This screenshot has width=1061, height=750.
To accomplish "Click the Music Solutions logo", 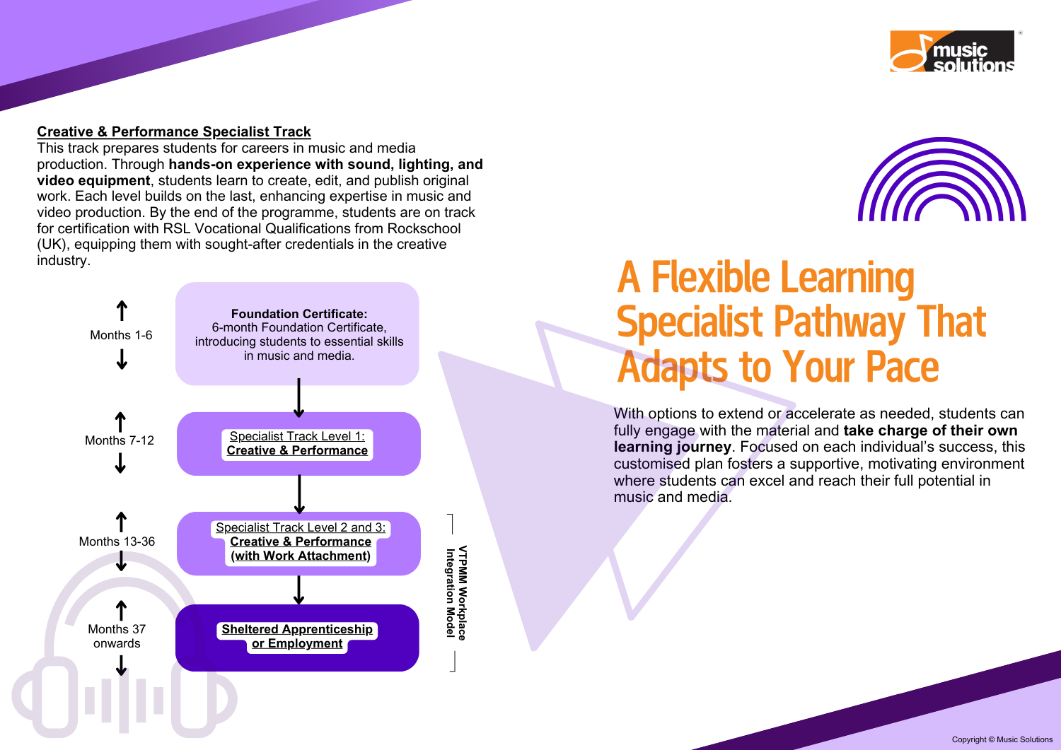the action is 952,51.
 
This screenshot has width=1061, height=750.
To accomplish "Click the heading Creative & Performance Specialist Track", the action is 174,131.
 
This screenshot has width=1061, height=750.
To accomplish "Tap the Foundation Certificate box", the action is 297,334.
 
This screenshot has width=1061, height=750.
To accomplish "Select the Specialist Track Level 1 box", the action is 298,444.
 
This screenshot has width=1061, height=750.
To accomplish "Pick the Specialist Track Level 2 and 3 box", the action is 298,544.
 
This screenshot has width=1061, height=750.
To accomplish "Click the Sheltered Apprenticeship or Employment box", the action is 297,638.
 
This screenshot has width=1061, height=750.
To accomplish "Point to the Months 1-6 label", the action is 121,335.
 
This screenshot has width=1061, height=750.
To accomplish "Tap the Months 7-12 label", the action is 120,440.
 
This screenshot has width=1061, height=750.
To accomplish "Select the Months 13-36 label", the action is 117,541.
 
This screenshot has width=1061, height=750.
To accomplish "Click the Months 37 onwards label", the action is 117,636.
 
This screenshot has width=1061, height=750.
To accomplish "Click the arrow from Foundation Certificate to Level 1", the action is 299,398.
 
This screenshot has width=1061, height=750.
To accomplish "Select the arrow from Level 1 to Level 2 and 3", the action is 299,494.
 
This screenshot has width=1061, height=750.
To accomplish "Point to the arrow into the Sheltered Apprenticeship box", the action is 299,590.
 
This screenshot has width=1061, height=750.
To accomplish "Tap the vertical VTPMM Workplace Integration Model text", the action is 457,592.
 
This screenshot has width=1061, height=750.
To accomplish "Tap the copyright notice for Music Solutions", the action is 1002,739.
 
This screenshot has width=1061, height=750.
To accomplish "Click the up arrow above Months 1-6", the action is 122,310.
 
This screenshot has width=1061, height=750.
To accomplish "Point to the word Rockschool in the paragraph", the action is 424,228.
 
